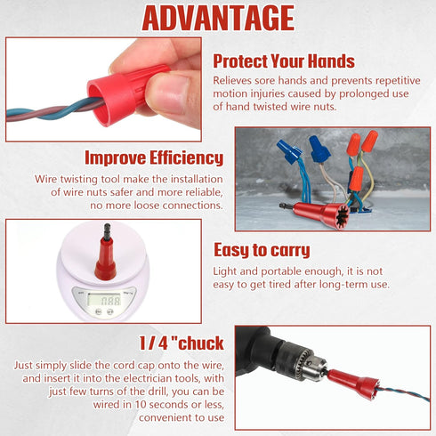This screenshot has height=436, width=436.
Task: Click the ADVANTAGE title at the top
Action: pyautogui.click(x=218, y=18)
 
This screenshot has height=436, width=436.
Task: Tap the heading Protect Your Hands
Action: pyautogui.click(x=284, y=61)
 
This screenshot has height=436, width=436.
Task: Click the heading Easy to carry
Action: pyautogui.click(x=262, y=250)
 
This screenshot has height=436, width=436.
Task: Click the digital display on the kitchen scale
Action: pyautogui.click(x=109, y=300)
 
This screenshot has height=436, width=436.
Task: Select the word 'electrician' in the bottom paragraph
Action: pyautogui.click(x=170, y=379)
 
